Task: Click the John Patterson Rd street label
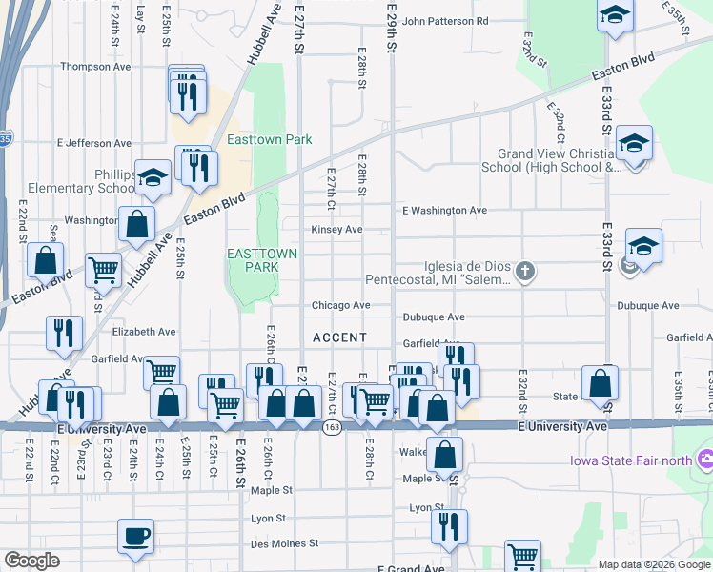[x=444, y=20]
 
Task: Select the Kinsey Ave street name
[x=336, y=230]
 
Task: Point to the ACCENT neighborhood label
[x=339, y=337]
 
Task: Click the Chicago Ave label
[x=340, y=306]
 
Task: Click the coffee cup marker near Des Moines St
[x=134, y=535]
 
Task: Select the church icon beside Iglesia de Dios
[x=524, y=274]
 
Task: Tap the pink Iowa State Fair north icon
[x=705, y=461]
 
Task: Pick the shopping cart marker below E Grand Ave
[x=522, y=556]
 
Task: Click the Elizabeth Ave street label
[x=144, y=332]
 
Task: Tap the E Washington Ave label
[x=444, y=210]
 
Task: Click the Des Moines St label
[x=283, y=544]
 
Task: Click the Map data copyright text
[x=654, y=564]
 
